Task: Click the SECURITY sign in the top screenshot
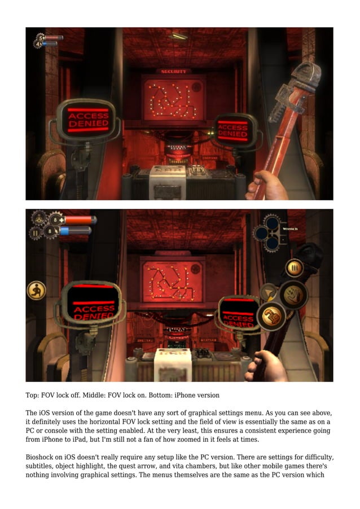click(173, 72)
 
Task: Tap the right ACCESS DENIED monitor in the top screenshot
click(232, 131)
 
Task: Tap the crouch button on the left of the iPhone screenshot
click(36, 290)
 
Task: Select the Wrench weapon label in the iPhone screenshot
click(290, 229)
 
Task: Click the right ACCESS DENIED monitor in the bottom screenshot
click(238, 314)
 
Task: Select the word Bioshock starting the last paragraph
click(40, 456)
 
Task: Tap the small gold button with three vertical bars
click(293, 267)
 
